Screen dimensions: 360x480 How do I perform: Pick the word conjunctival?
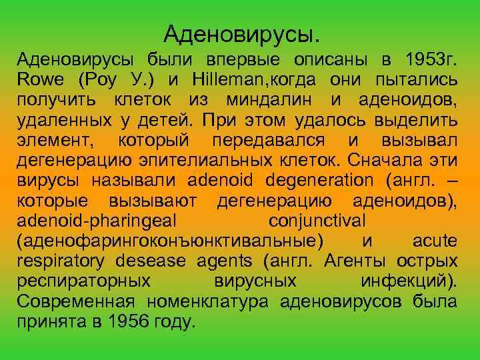[316, 220]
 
